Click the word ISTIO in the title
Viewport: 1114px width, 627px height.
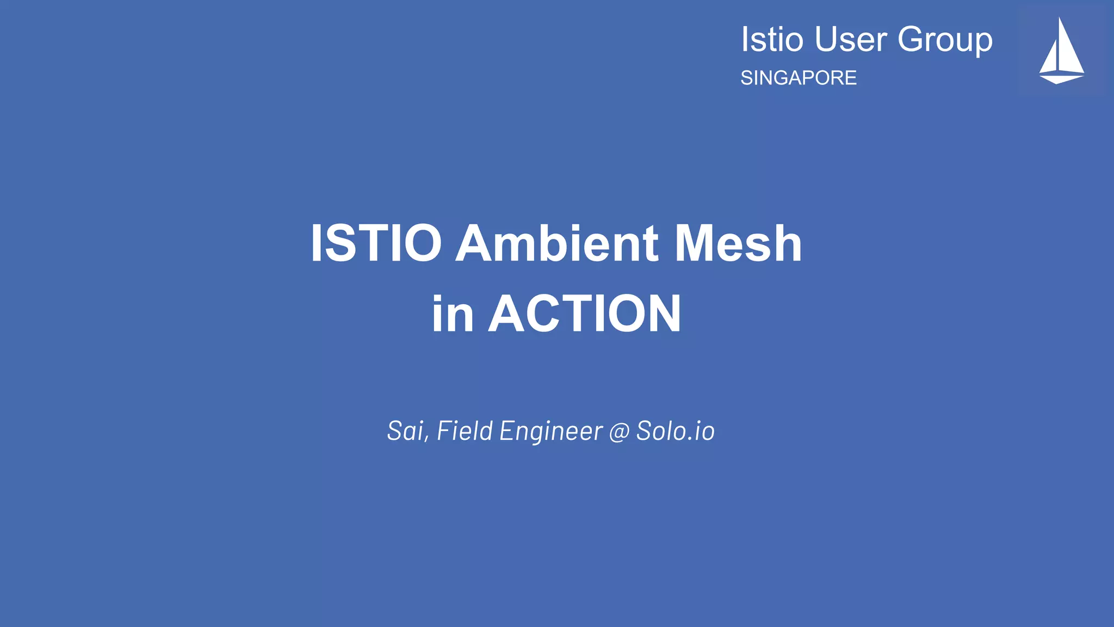(x=376, y=243)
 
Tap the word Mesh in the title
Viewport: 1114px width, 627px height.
(x=738, y=243)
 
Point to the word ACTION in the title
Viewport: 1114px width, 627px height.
(x=585, y=313)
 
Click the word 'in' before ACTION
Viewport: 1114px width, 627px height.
(x=452, y=315)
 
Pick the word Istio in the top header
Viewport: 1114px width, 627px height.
(x=772, y=40)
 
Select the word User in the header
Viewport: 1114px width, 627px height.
(x=851, y=40)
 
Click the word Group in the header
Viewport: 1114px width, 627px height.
(x=945, y=40)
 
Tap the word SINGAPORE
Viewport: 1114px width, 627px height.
(x=798, y=78)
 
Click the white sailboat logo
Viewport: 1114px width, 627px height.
(x=1061, y=51)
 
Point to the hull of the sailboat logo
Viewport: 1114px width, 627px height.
(x=1060, y=78)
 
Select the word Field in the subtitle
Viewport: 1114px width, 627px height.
(x=465, y=431)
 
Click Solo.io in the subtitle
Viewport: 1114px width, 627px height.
(x=675, y=431)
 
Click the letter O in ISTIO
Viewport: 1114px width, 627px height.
(x=422, y=243)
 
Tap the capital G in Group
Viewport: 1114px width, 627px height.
(x=912, y=40)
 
